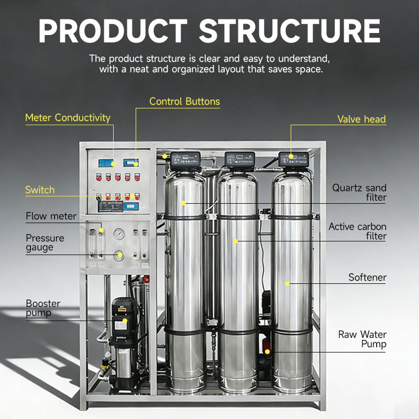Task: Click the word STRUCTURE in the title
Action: pyautogui.click(x=290, y=31)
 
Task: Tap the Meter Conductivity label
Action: pyautogui.click(x=68, y=118)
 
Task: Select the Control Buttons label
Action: pyautogui.click(x=184, y=101)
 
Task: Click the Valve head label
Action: pyautogui.click(x=361, y=119)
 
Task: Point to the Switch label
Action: pyautogui.click(x=40, y=190)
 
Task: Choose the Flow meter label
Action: pyautogui.click(x=51, y=216)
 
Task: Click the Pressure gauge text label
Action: pyautogui.click(x=45, y=242)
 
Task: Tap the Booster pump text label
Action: pyautogui.click(x=43, y=308)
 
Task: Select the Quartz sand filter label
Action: pyautogui.click(x=359, y=193)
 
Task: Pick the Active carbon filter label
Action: pyautogui.click(x=357, y=231)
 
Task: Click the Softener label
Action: pyautogui.click(x=367, y=278)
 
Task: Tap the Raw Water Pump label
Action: pyautogui.click(x=362, y=339)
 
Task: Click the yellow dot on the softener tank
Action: pyautogui.click(x=287, y=283)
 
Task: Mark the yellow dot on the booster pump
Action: pyautogui.click(x=125, y=321)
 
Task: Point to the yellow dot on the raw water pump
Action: pyautogui.click(x=267, y=351)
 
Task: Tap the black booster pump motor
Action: pyautogui.click(x=124, y=314)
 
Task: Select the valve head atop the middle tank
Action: pyautogui.click(x=239, y=159)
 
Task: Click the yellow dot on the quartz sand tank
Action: pyautogui.click(x=183, y=203)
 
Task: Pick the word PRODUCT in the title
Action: pyautogui.click(x=113, y=31)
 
